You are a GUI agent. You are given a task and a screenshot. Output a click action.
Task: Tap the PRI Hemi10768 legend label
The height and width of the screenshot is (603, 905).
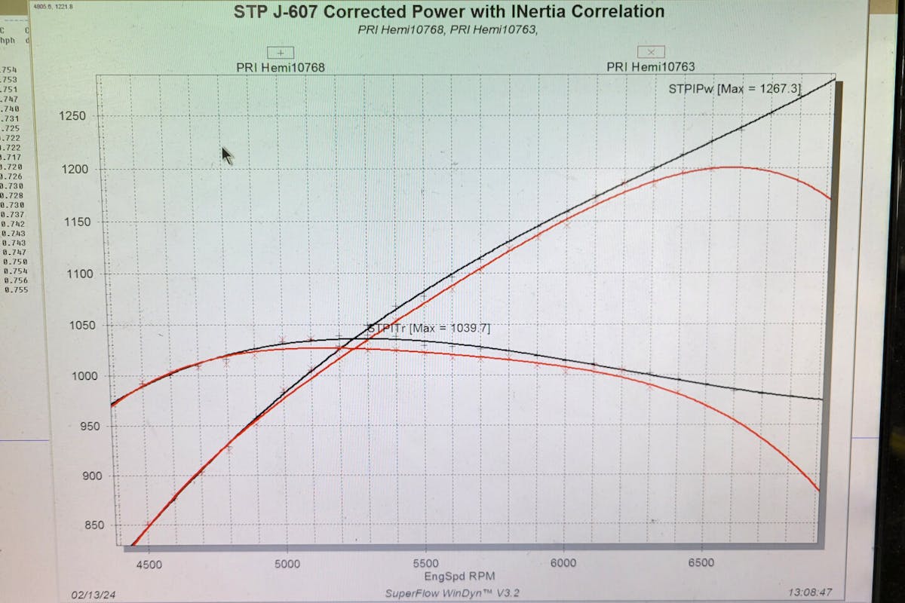pyautogui.click(x=281, y=67)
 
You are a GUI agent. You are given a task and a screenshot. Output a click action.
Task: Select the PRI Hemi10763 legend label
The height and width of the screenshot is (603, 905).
pyautogui.click(x=650, y=66)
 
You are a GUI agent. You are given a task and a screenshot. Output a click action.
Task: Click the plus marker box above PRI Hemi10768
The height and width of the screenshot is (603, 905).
pyautogui.click(x=281, y=53)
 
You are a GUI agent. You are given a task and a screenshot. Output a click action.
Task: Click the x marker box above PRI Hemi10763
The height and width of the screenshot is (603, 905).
pyautogui.click(x=650, y=51)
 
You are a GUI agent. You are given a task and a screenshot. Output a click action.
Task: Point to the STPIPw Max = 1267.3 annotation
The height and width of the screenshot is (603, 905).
pyautogui.click(x=734, y=89)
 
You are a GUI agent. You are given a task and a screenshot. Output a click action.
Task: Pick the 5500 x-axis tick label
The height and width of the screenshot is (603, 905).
pyautogui.click(x=425, y=562)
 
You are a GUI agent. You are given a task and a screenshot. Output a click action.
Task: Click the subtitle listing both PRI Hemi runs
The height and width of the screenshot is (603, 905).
pyautogui.click(x=451, y=30)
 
